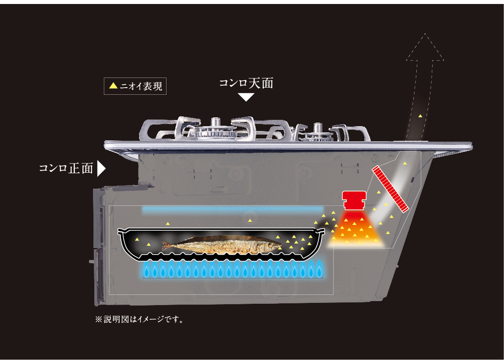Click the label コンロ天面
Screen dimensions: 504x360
point(246,83)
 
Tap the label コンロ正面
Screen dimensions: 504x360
point(66,168)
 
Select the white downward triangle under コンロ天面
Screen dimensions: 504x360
point(247,97)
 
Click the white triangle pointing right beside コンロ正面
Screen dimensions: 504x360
point(101,168)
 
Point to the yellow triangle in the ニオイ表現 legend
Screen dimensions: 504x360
point(113,86)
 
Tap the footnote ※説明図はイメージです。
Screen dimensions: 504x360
point(140,320)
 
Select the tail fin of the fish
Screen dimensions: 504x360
point(166,246)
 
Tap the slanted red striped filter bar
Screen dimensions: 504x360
point(390,189)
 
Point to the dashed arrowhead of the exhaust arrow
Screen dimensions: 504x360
point(425,47)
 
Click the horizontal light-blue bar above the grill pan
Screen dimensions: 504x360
point(233,209)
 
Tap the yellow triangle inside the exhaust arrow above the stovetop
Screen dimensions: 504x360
point(420,116)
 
